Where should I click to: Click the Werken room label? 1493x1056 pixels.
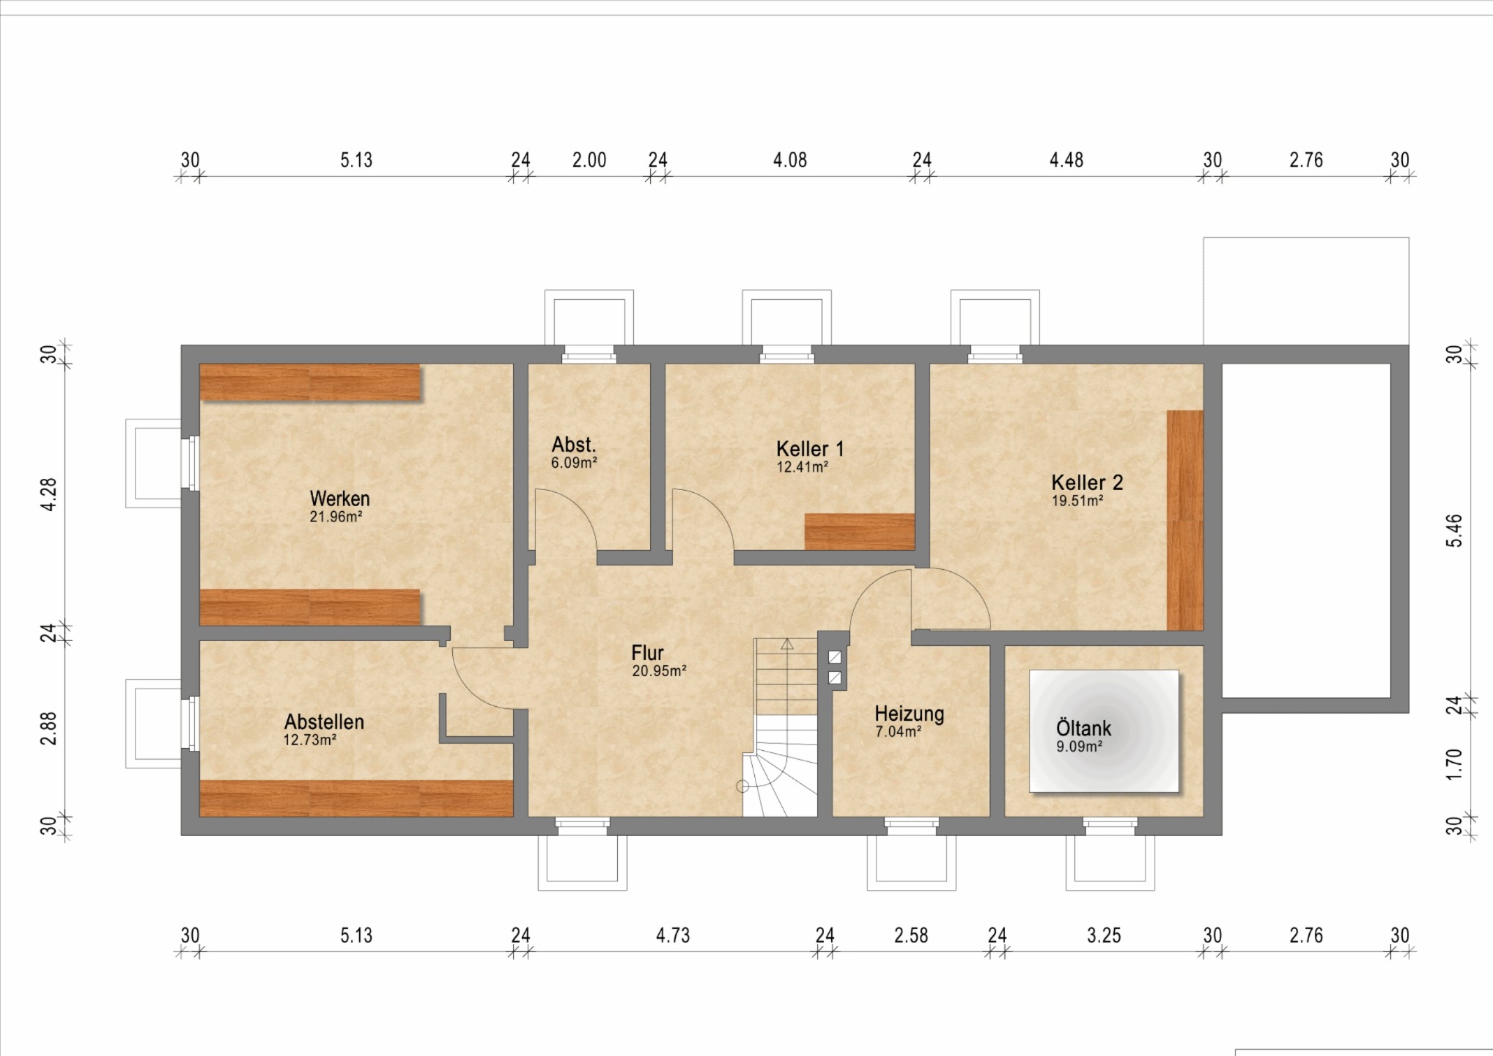click(x=339, y=499)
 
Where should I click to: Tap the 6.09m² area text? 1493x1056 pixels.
click(x=574, y=463)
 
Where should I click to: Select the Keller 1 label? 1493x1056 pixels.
click(x=810, y=449)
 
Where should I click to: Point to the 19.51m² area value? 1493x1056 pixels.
click(x=1077, y=501)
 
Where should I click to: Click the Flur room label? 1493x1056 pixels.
click(x=648, y=653)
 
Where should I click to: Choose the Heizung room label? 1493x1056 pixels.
click(x=909, y=714)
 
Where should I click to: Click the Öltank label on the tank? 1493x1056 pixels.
click(x=1083, y=728)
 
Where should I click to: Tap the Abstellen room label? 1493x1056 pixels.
click(x=324, y=722)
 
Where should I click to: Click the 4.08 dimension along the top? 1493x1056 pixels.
click(x=790, y=160)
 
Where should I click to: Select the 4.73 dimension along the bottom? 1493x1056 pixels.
click(x=673, y=936)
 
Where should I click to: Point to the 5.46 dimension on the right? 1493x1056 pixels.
click(x=1455, y=530)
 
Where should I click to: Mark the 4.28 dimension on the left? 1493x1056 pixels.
click(x=48, y=495)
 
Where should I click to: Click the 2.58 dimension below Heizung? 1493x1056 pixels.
click(x=911, y=936)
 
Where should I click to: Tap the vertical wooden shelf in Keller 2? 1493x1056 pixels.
click(x=1185, y=520)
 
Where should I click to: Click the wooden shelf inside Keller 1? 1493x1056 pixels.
click(x=860, y=532)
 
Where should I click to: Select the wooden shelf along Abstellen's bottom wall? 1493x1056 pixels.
click(x=356, y=799)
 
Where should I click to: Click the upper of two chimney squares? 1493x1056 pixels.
click(x=835, y=657)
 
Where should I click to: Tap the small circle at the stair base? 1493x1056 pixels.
click(x=742, y=786)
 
